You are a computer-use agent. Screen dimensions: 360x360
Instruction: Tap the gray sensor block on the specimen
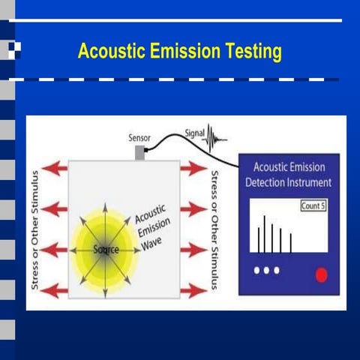tap(139, 153)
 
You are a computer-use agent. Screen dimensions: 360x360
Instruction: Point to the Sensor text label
tap(140, 139)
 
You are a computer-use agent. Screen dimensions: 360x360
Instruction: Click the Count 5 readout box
tap(313, 205)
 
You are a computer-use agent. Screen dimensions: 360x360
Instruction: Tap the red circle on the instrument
tap(321, 274)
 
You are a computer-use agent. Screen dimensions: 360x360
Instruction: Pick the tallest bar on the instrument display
tap(264, 235)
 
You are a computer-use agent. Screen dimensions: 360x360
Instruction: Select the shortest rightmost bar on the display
tap(290, 243)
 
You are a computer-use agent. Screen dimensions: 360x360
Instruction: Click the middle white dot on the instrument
tap(266, 270)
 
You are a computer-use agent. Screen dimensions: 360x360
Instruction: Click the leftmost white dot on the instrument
tap(256, 270)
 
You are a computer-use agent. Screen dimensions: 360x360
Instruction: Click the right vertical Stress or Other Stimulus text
tap(214, 229)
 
